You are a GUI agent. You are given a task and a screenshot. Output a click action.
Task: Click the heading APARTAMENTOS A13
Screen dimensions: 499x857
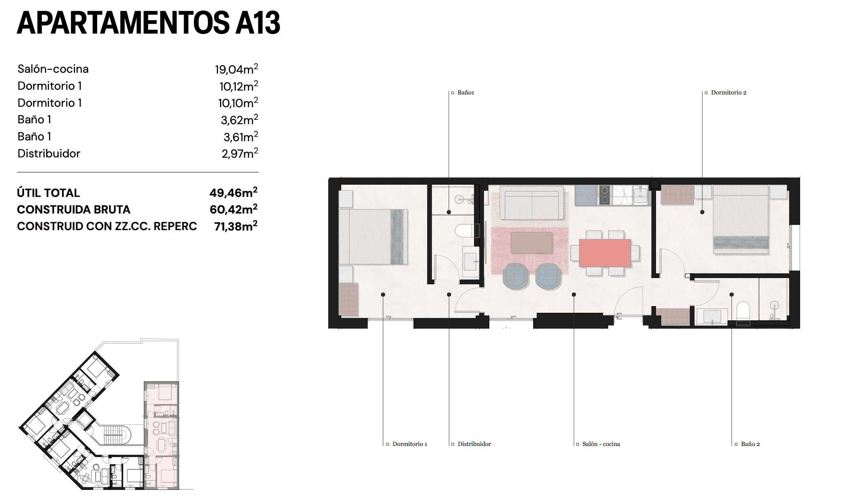148,23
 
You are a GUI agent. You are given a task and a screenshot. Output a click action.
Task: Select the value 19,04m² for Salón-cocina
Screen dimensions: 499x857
236,69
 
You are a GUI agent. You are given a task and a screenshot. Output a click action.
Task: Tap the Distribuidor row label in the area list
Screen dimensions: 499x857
49,153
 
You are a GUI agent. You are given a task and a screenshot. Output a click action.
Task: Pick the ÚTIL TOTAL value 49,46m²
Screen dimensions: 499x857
233,193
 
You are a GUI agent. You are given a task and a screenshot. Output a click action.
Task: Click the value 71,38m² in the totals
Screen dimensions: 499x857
235,226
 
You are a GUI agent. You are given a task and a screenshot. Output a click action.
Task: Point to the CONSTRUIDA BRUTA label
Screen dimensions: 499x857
73,210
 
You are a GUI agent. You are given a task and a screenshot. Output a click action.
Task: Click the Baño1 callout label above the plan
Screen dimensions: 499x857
465,93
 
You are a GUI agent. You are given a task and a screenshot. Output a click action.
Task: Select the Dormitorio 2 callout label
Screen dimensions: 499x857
728,93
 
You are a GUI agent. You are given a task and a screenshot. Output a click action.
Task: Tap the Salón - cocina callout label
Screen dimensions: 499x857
601,444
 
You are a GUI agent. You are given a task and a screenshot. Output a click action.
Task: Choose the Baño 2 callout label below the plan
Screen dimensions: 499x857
750,444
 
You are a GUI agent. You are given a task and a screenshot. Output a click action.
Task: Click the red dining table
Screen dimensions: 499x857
605,253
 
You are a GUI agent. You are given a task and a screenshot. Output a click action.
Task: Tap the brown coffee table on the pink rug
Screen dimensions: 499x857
531,242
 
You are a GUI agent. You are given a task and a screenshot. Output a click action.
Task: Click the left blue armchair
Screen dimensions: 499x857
515,276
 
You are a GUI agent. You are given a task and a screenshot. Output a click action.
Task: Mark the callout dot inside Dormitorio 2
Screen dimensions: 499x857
702,212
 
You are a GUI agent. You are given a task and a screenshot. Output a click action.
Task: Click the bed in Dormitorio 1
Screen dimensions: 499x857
373,236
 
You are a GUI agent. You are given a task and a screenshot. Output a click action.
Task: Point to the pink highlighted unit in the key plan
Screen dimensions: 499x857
162,435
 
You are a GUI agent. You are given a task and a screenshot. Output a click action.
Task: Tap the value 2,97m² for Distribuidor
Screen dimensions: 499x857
239,153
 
